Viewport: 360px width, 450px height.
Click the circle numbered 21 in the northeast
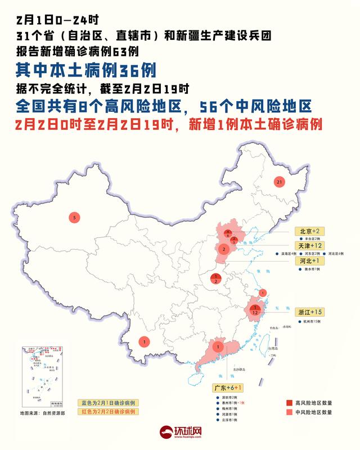point(278,182)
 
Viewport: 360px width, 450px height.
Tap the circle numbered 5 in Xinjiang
point(73,216)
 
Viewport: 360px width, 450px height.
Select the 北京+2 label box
point(309,231)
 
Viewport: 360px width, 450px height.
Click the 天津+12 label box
point(310,246)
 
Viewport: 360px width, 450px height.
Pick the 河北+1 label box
point(308,262)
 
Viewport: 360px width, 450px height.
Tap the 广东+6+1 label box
point(228,388)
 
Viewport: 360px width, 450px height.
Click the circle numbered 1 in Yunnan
point(145,341)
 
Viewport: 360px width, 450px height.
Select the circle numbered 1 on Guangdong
point(217,346)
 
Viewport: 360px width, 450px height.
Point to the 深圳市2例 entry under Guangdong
point(227,397)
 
